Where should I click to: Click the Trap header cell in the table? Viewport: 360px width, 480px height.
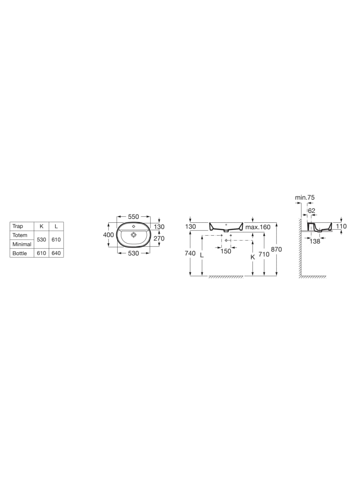pos(18,226)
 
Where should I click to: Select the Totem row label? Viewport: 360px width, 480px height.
pos(20,235)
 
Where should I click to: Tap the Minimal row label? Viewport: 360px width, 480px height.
pos(22,244)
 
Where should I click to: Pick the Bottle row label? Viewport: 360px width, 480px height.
pos(20,253)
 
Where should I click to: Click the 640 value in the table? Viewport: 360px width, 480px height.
pos(56,253)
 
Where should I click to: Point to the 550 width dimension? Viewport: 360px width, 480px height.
pos(133,216)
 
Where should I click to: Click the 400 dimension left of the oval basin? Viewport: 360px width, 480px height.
pos(108,235)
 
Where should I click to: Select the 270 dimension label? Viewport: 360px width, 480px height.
pos(159,238)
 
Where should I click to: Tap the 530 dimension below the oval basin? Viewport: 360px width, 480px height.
pos(133,253)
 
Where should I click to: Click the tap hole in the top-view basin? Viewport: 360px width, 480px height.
pos(134,226)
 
